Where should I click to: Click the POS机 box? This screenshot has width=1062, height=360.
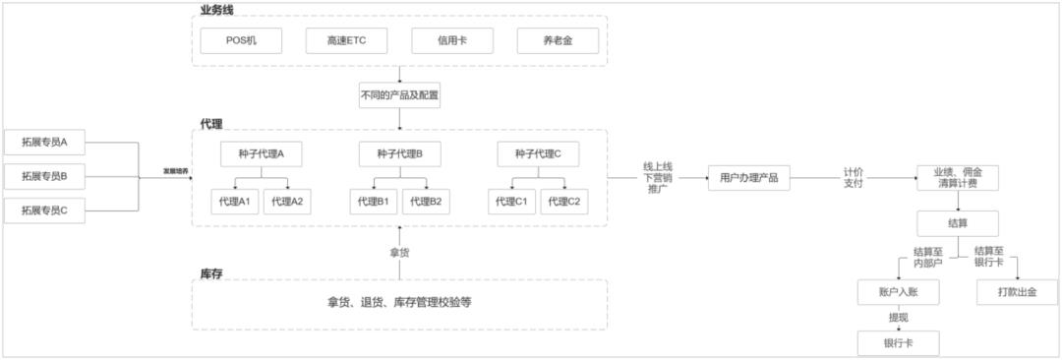point(241,40)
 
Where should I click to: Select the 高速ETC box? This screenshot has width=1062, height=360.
point(346,40)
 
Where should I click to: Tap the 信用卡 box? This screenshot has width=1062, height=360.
point(451,40)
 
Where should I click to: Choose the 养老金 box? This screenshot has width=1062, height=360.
point(558,40)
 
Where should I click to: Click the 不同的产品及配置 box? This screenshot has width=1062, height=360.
point(399,96)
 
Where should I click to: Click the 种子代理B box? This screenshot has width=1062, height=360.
point(399,154)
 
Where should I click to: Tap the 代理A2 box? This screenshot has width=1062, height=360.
point(287,202)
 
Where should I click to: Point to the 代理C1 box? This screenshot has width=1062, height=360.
point(511,202)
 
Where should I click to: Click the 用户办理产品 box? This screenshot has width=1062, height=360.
point(749,178)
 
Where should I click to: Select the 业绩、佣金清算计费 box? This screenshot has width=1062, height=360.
point(958,178)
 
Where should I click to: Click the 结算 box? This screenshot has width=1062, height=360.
point(958,223)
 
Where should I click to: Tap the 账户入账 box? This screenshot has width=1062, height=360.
point(898,292)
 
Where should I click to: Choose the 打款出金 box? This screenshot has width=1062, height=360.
point(1017,292)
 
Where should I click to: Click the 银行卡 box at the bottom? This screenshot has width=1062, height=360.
point(898,342)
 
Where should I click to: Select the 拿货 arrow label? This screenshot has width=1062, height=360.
point(399,253)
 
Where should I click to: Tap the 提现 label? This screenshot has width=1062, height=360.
point(898,318)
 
